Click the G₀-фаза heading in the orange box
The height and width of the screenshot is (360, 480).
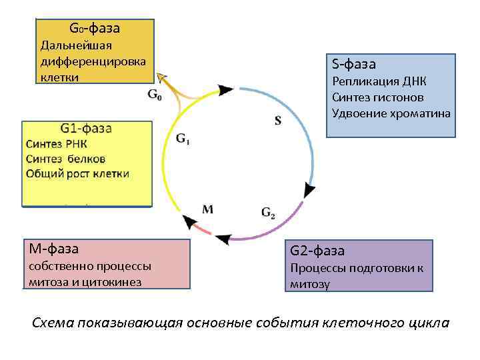[x=94, y=29]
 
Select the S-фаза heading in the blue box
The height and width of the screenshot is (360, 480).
[x=354, y=65]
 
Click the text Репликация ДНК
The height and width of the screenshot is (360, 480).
[x=379, y=82]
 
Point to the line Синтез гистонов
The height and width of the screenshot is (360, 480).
[x=377, y=97]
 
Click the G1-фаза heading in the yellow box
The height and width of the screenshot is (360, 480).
[x=86, y=129]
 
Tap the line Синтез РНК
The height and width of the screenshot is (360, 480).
[x=57, y=144]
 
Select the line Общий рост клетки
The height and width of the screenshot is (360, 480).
[x=77, y=174]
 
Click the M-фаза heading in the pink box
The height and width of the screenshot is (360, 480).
[x=53, y=249]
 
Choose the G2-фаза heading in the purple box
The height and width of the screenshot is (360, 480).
[x=317, y=251]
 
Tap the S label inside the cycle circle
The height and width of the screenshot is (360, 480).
[x=277, y=121]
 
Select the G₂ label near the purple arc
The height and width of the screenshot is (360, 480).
[x=268, y=213]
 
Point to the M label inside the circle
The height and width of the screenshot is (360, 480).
[x=207, y=209]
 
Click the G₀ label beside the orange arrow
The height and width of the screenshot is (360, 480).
[x=154, y=95]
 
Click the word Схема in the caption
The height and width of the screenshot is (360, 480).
[x=53, y=323]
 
